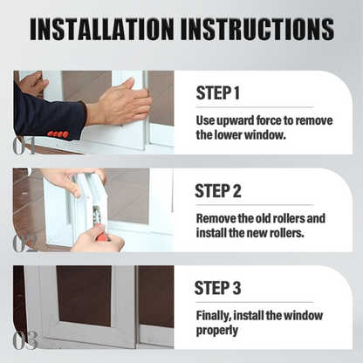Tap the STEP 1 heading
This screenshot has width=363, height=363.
[218, 93]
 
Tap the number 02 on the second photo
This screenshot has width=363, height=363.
[25, 242]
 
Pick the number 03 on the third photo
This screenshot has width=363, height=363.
[25, 339]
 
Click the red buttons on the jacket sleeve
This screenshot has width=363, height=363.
[58, 134]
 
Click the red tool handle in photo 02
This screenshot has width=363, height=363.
[101, 234]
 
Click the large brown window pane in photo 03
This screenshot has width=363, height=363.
[84, 297]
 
